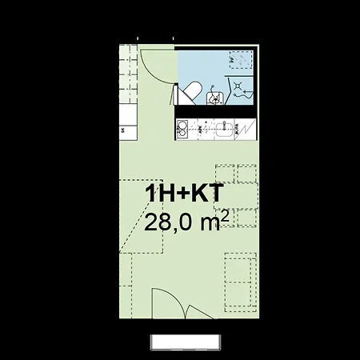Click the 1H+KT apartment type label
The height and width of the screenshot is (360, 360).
click(x=183, y=194)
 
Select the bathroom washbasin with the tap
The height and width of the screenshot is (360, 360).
click(x=214, y=98)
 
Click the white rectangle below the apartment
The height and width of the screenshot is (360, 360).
click(x=184, y=342)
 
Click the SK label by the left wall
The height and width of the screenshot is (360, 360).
click(x=122, y=129)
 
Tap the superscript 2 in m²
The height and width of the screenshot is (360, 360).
click(x=226, y=213)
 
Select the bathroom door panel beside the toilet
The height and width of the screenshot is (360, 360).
click(x=174, y=94)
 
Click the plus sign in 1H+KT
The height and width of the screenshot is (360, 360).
click(x=183, y=194)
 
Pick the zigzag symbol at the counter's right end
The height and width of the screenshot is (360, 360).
click(x=248, y=128)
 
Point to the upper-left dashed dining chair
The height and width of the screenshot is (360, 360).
click(x=225, y=174)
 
